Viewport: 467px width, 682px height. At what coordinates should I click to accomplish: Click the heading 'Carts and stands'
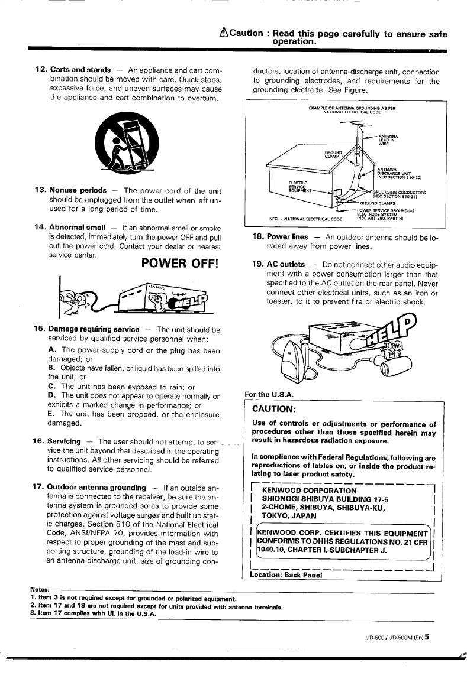click(x=80, y=70)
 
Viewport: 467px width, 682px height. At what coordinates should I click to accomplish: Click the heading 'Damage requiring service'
click(x=94, y=329)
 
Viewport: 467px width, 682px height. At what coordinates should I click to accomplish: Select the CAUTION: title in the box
click(x=273, y=409)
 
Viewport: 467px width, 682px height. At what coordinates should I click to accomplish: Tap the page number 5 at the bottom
click(x=427, y=637)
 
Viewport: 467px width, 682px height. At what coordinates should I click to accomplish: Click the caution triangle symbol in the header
click(x=223, y=33)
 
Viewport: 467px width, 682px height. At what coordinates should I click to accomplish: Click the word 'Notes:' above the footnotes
click(x=40, y=589)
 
